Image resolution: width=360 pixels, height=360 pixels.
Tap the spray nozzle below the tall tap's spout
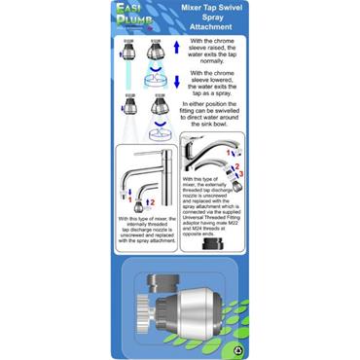139,205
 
